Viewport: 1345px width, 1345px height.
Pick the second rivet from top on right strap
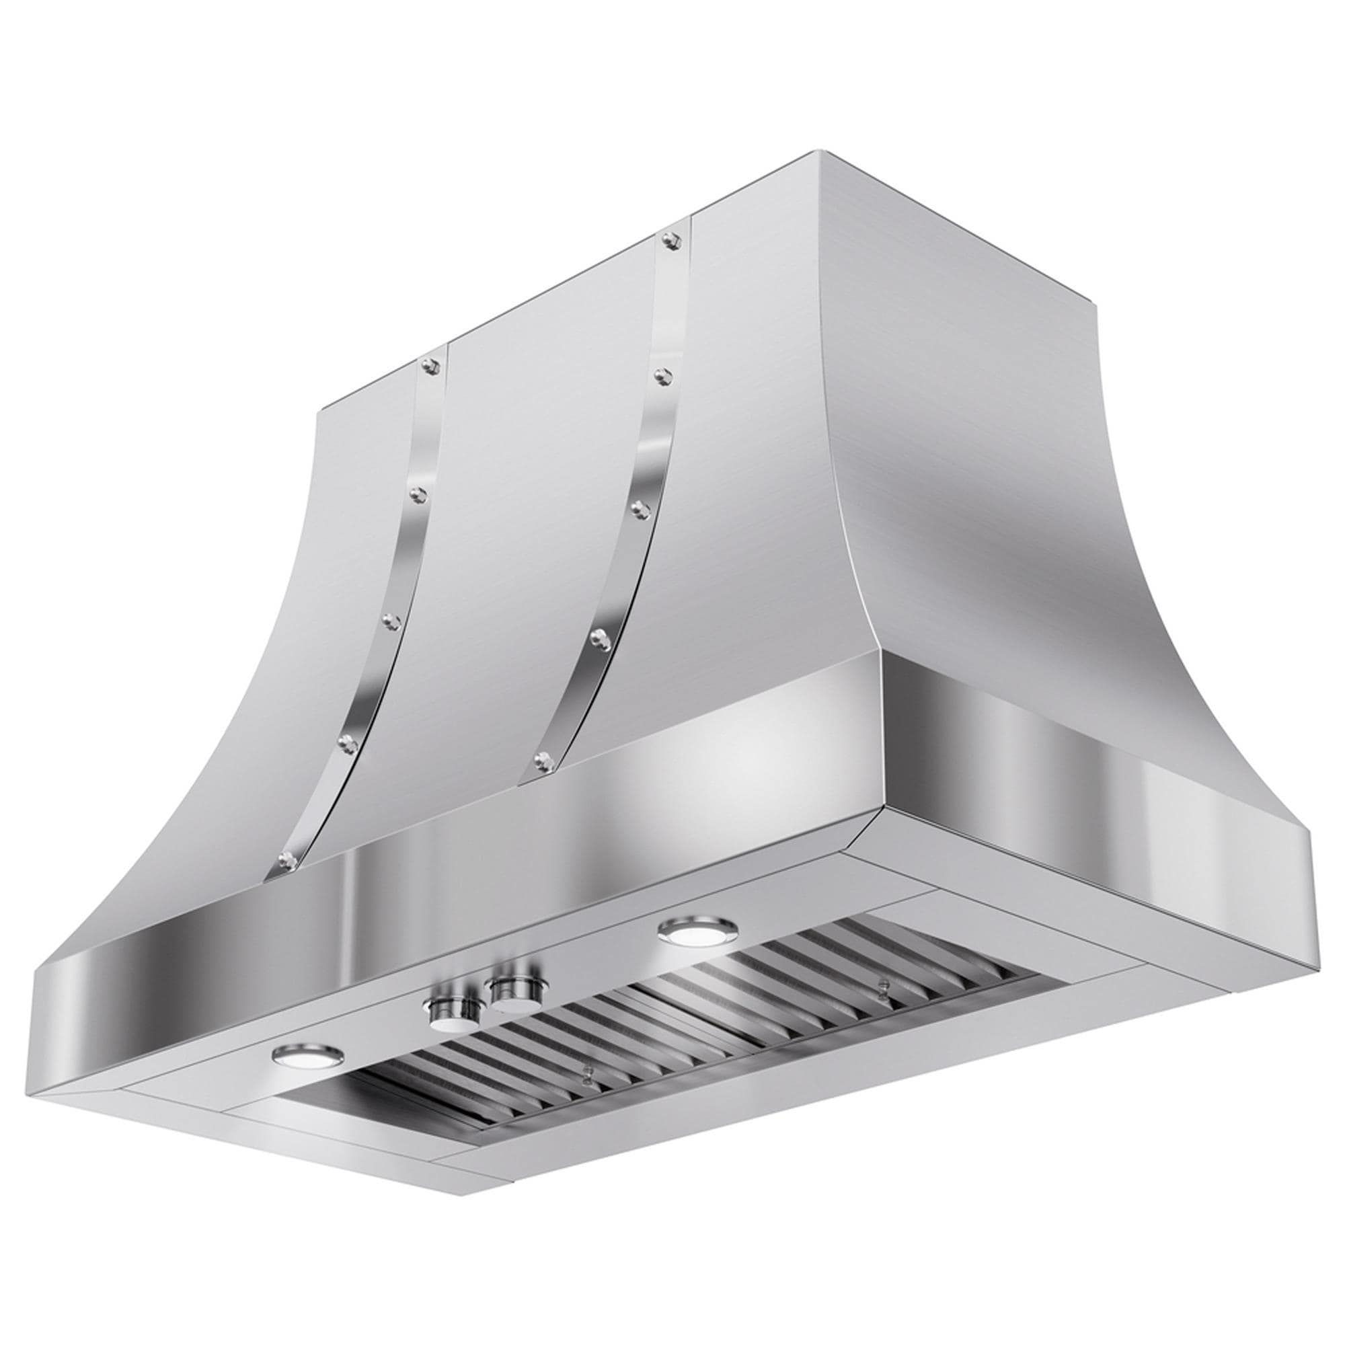662,376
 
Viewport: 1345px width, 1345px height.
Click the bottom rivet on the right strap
542,759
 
